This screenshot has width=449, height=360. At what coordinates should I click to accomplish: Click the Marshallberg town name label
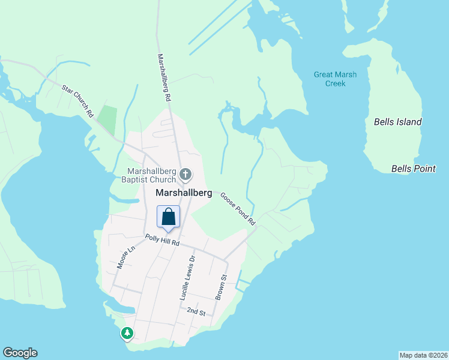(x=184, y=193)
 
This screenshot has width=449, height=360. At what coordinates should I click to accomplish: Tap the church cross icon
(x=186, y=175)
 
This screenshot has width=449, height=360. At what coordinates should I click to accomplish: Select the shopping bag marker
(x=169, y=217)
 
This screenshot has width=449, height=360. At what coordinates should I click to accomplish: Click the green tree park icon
(x=127, y=333)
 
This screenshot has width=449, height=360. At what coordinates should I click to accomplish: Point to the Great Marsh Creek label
(x=335, y=79)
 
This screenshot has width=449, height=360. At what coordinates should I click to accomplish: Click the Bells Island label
(x=397, y=122)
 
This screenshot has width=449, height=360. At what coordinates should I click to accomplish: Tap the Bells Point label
(x=413, y=169)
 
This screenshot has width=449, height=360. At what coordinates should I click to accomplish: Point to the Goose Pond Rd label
(x=238, y=209)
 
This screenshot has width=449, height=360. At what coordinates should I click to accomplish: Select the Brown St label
(x=220, y=287)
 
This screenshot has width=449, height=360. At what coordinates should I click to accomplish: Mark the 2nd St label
(x=196, y=312)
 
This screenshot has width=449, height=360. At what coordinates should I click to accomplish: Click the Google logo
(x=20, y=353)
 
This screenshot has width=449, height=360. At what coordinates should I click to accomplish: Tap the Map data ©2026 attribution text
(x=423, y=355)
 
